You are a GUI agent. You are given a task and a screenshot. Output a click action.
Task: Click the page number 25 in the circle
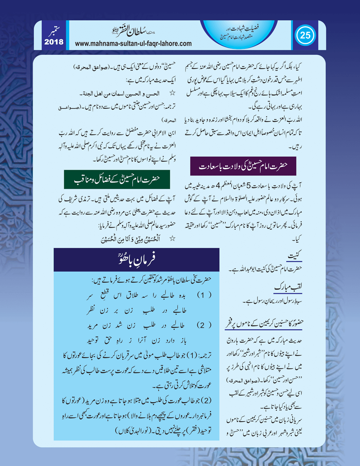pyautogui.click(x=305, y=35)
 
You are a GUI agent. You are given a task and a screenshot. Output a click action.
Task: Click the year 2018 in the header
pyautogui.click(x=54, y=42)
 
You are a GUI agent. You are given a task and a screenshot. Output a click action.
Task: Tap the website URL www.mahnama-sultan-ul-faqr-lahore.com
pyautogui.click(x=133, y=44)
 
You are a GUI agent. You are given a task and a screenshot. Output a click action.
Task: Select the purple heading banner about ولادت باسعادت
pyautogui.click(x=243, y=166)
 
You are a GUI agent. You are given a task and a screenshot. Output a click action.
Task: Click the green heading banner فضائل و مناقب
pyautogui.click(x=117, y=179)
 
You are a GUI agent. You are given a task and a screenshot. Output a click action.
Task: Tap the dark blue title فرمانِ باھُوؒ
pyautogui.click(x=136, y=259)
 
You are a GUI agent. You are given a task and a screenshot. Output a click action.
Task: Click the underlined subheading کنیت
pyautogui.click(x=294, y=256)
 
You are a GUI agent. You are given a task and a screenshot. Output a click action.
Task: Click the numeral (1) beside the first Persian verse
pyautogui.click(x=204, y=295)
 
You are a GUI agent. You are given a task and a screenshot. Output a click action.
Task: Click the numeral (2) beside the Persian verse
pyautogui.click(x=204, y=325)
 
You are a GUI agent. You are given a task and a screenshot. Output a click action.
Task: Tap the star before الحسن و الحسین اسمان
pyautogui.click(x=172, y=93)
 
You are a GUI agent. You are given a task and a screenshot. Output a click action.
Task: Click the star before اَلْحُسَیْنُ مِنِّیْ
pyautogui.click(x=172, y=239)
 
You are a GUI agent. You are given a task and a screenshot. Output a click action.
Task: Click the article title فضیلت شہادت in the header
pyautogui.click(x=242, y=28)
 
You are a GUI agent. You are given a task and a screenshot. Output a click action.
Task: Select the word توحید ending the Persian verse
pyautogui.click(x=94, y=340)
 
